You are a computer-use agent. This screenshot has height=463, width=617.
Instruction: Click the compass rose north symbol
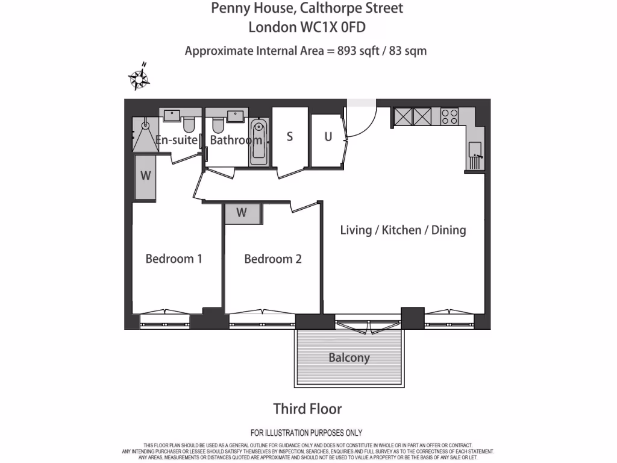[139, 78]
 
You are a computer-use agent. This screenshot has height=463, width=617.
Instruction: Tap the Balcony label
[349, 357]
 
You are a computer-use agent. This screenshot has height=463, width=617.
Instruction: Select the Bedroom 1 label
[174, 259]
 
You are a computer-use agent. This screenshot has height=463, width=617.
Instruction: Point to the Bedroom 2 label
[273, 259]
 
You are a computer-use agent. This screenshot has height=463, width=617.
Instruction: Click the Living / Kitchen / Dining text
[402, 230]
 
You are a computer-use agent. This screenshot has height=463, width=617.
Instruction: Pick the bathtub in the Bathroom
[258, 142]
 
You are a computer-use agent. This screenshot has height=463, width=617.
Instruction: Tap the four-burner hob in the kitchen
[449, 116]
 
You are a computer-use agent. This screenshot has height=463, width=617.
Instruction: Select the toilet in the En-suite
[189, 125]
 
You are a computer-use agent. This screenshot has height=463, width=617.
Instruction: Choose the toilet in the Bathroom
[218, 125]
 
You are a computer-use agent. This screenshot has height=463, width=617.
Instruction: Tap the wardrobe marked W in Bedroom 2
[242, 213]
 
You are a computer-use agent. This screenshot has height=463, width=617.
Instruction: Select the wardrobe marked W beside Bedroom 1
[145, 177]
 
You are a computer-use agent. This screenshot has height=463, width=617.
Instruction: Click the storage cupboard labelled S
[289, 137]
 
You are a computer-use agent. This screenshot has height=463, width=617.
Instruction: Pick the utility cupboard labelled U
[328, 137]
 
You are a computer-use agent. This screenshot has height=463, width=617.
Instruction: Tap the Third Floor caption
[307, 409]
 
